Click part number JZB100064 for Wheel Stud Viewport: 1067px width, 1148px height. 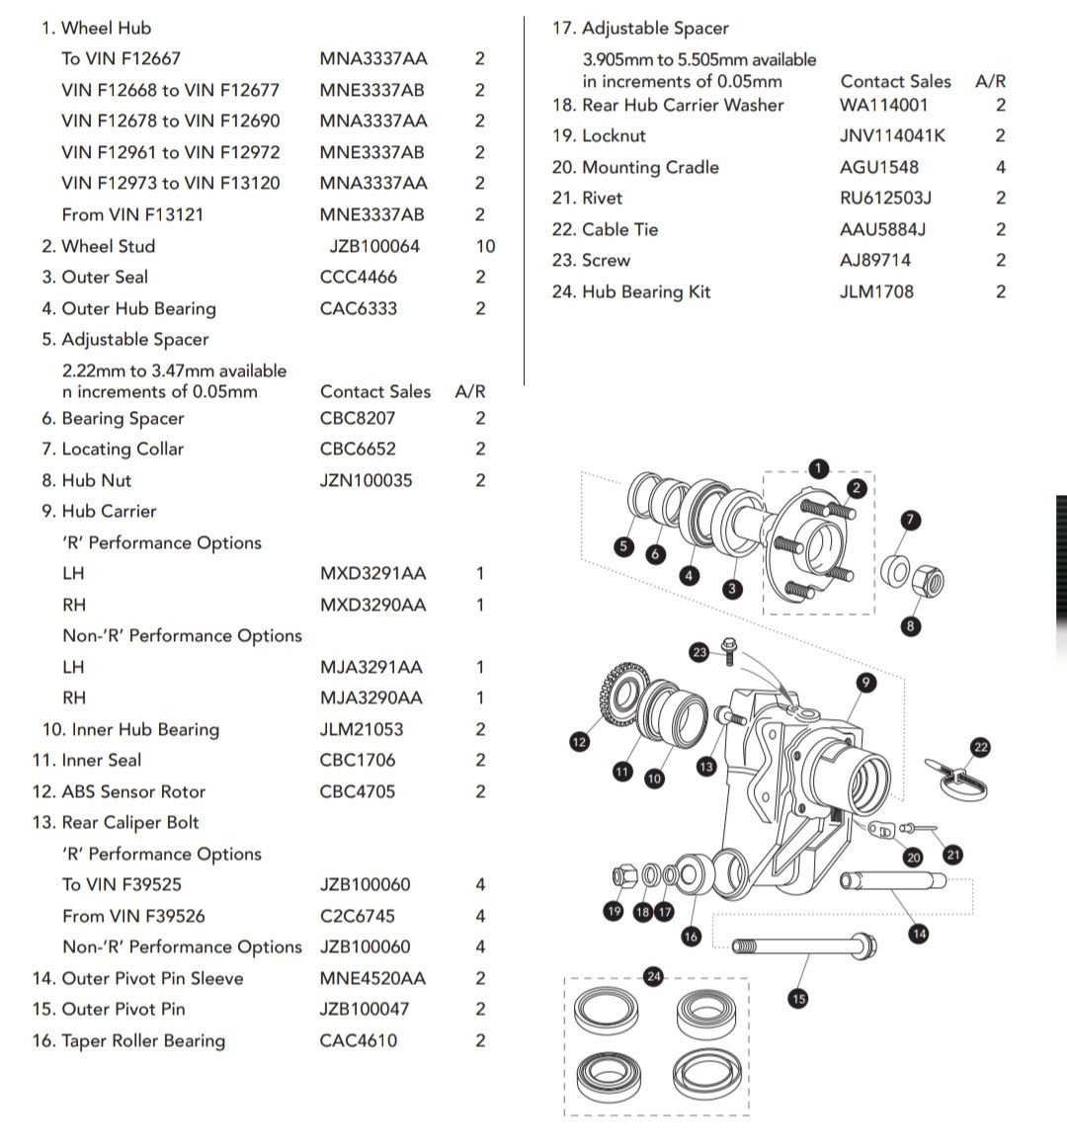[x=374, y=246]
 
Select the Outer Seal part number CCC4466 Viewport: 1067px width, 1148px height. [x=358, y=277]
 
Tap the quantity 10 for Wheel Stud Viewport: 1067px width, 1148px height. [x=485, y=246]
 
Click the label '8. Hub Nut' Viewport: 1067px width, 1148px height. [x=86, y=480]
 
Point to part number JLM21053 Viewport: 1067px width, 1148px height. [x=361, y=729]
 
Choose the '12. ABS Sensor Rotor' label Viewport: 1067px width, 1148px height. [x=119, y=791]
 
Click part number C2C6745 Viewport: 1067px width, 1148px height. [x=357, y=916]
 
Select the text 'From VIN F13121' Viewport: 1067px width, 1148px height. [x=132, y=214]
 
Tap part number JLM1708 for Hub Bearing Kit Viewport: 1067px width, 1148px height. [x=876, y=291]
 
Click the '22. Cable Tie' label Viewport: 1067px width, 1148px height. [x=605, y=229]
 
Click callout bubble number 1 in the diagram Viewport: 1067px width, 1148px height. [x=818, y=468]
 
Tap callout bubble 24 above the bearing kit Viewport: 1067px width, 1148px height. [x=653, y=976]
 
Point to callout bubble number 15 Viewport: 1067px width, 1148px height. [x=798, y=999]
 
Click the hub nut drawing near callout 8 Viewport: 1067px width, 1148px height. [x=928, y=581]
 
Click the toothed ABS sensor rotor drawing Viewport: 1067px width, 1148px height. [x=624, y=694]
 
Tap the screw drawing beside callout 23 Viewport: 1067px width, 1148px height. [x=729, y=651]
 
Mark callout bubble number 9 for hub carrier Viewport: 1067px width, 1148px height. [x=865, y=683]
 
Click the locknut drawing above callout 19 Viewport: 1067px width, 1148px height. [x=624, y=875]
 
